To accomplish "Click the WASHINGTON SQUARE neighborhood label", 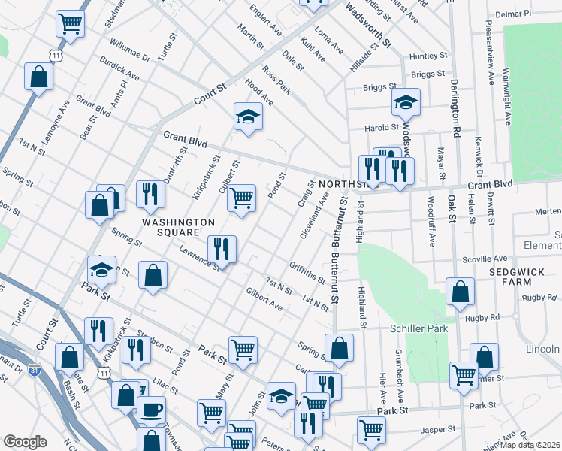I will (x=180, y=228).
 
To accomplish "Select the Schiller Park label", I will (x=418, y=328).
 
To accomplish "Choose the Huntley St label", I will (x=428, y=56).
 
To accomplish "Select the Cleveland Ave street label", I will (x=314, y=216).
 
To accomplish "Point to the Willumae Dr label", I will (x=129, y=51).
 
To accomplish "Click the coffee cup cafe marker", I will (x=151, y=410).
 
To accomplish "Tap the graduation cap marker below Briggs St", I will (x=405, y=101).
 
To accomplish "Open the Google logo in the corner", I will (x=25, y=442).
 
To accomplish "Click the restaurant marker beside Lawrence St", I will (x=222, y=249).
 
